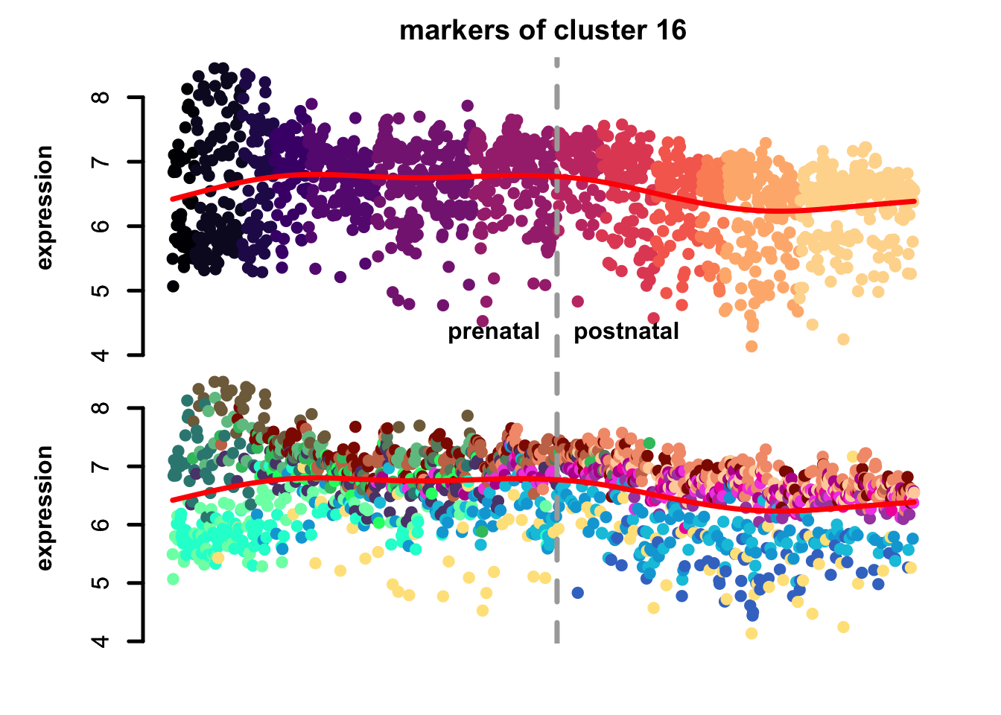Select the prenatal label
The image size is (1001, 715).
coord(493,331)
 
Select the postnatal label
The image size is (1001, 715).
coord(626,331)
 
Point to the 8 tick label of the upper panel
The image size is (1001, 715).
coord(102,98)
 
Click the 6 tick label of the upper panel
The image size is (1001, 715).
coord(102,226)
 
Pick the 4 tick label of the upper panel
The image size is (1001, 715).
coord(102,355)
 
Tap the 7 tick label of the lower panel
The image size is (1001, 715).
coord(102,466)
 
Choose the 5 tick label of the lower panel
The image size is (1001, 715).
coord(102,582)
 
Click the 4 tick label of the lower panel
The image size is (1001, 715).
coord(102,641)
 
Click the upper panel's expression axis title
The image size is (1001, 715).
coord(45,207)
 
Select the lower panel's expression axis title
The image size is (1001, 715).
coord(45,508)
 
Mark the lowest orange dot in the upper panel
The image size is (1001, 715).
coord(751,346)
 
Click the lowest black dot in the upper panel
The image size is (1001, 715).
coord(173,286)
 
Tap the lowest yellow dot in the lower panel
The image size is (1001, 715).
coord(751,633)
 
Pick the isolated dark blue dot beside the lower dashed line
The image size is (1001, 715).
coord(577,593)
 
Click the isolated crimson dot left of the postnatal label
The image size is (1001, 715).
coord(577,302)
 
